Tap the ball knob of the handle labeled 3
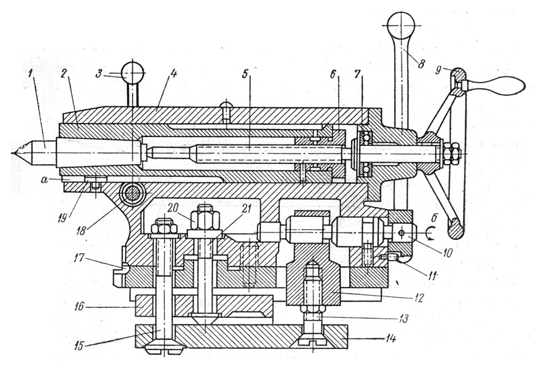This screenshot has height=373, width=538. [x=133, y=70]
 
